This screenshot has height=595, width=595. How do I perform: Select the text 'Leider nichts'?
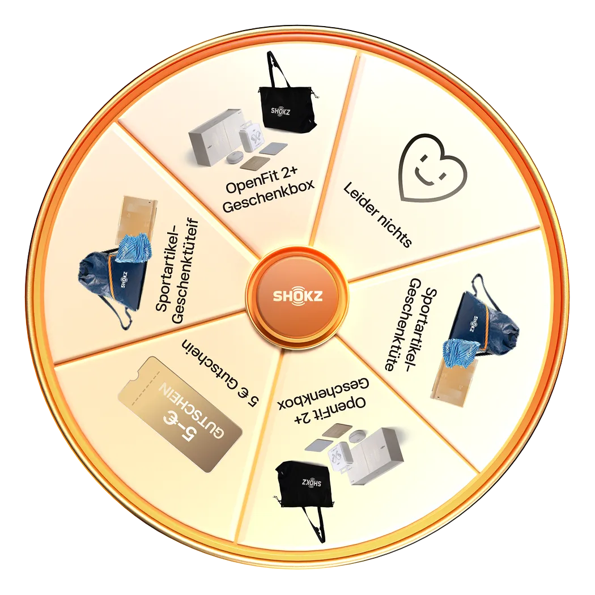click(x=378, y=215)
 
